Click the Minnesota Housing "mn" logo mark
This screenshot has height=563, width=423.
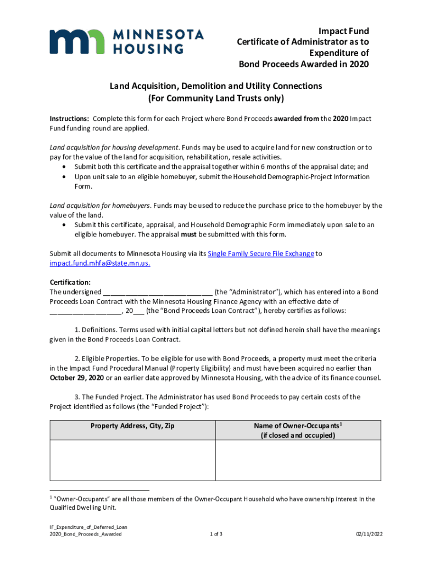point(76,41)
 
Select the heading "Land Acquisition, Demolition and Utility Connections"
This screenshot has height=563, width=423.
point(216,86)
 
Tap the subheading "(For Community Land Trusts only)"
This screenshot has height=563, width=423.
point(216,99)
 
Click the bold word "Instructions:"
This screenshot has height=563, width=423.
point(70,119)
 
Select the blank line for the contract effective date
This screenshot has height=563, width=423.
point(86,311)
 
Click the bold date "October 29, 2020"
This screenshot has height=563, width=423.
point(77,378)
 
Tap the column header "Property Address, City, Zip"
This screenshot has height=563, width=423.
point(132,426)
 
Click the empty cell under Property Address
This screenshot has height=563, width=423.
point(132,460)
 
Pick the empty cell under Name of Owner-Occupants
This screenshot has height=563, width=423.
point(298,460)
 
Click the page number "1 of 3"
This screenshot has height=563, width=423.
point(216,534)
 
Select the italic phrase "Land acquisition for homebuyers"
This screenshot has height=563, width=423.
point(100,206)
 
